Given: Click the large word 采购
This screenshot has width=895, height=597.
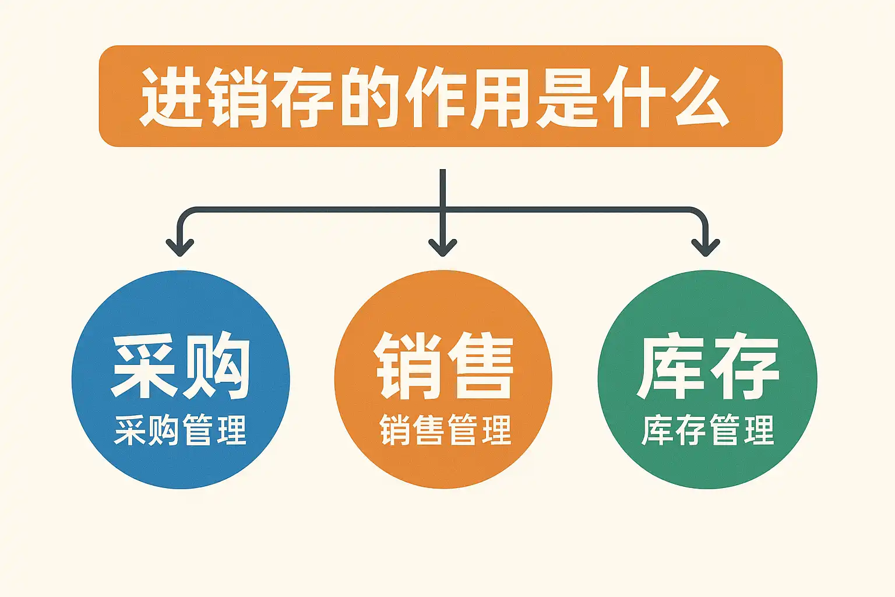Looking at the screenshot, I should point(181,366).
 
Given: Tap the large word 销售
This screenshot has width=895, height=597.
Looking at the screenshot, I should point(444,366).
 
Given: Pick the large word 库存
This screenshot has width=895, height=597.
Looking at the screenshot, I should point(707,366).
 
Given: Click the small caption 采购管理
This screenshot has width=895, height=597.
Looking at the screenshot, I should point(181,430).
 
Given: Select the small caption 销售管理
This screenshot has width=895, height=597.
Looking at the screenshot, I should point(445,430).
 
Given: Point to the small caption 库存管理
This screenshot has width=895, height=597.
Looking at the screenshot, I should point(707,430).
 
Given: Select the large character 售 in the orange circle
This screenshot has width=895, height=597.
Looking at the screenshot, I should point(479,366).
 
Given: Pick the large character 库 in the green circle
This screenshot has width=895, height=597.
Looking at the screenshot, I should point(672,366).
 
